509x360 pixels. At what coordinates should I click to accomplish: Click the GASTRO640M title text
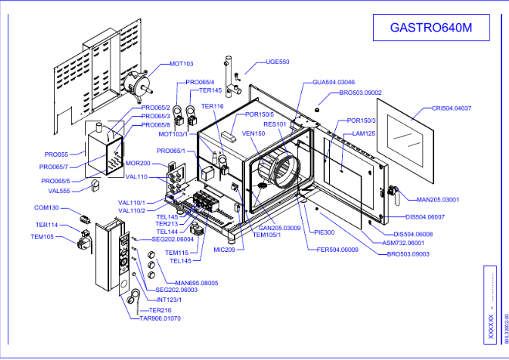(429, 29)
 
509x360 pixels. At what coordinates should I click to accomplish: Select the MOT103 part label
(181, 64)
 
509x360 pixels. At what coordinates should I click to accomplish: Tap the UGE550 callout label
(277, 62)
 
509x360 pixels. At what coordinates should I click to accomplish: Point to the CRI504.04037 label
(452, 108)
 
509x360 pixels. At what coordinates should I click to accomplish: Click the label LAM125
(364, 134)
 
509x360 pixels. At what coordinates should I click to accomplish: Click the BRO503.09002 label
(360, 93)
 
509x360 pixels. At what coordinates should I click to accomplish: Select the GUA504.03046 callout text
(334, 82)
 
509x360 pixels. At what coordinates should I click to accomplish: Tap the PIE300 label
(324, 232)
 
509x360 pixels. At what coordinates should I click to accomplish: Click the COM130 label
(47, 208)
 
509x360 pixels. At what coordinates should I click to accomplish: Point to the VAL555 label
(59, 191)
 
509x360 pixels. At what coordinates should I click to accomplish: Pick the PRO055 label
(56, 155)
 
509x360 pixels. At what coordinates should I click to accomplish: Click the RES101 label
(275, 124)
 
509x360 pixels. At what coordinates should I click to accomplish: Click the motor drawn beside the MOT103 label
(139, 80)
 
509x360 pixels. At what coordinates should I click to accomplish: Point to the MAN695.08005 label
(197, 283)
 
